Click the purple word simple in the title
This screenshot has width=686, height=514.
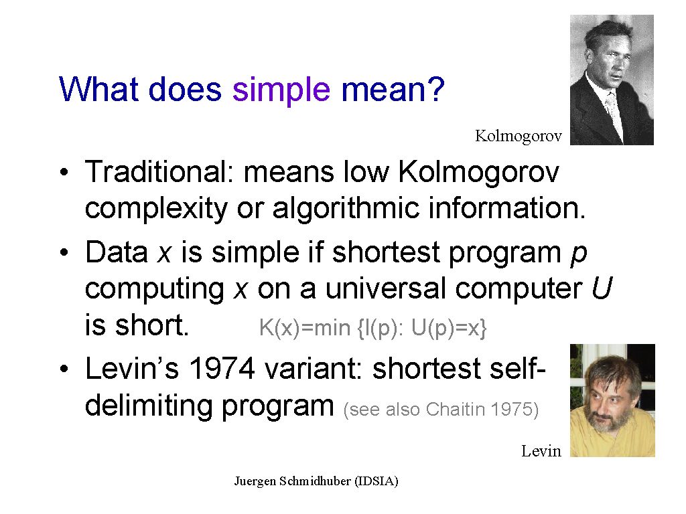[x=281, y=91]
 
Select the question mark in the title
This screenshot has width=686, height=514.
[x=435, y=89]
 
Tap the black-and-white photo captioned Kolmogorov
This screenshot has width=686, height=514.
[x=612, y=80]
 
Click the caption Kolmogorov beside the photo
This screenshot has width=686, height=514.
[x=519, y=136]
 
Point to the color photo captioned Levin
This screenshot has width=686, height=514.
[x=612, y=400]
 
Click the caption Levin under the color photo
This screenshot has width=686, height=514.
[x=541, y=450]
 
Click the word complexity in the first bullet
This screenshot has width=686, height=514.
[x=156, y=209]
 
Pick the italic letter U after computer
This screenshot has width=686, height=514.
[x=602, y=288]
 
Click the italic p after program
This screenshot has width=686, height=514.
[x=579, y=254]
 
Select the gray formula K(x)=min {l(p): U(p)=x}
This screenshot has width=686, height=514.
[x=372, y=328]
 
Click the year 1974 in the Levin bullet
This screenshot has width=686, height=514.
[x=222, y=369]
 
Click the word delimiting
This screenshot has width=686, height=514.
[x=149, y=406]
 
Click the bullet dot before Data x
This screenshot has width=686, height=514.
[x=64, y=252]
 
